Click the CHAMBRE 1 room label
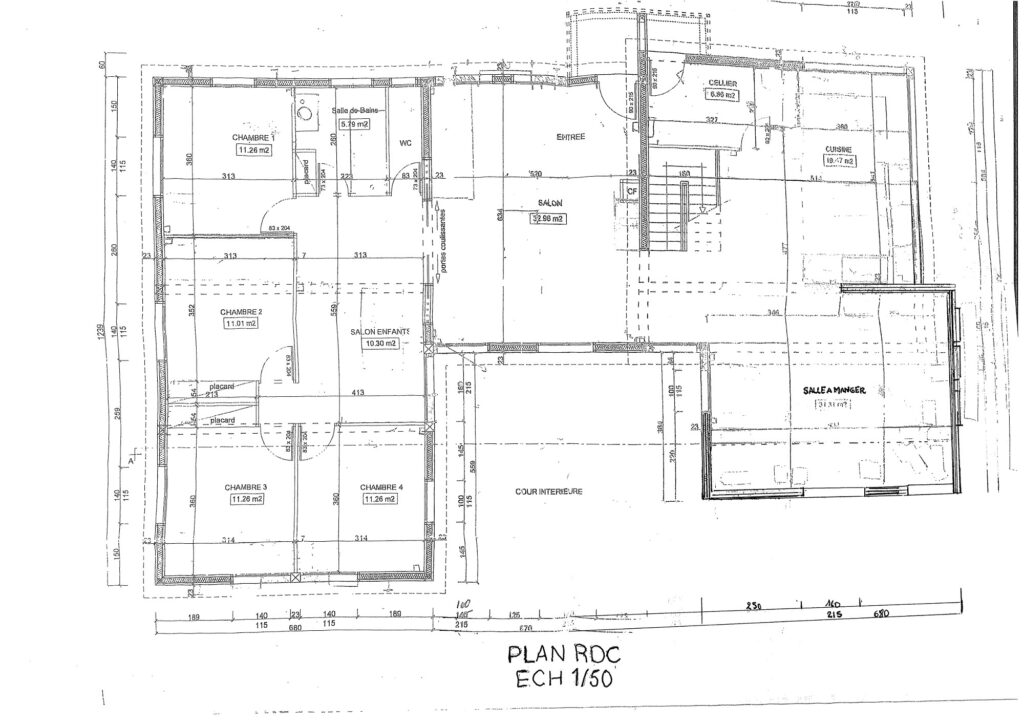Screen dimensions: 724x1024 pyautogui.click(x=251, y=137)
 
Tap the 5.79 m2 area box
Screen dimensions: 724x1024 pyautogui.click(x=354, y=124)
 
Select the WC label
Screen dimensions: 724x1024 pyautogui.click(x=406, y=142)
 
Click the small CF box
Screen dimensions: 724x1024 pyautogui.click(x=631, y=189)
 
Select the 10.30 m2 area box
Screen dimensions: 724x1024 pyautogui.click(x=382, y=343)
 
